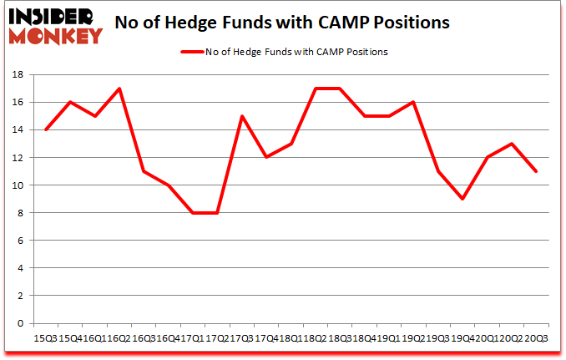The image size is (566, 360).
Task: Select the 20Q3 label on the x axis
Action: coord(535,337)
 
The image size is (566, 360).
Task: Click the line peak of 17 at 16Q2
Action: coord(119,89)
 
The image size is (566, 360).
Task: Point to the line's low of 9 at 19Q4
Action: coord(461,199)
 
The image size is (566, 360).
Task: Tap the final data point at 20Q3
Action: coord(535,171)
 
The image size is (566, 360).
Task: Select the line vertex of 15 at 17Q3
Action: coord(242,116)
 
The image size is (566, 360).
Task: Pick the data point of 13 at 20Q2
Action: coord(510,144)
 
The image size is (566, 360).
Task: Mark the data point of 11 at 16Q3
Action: coord(144,171)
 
